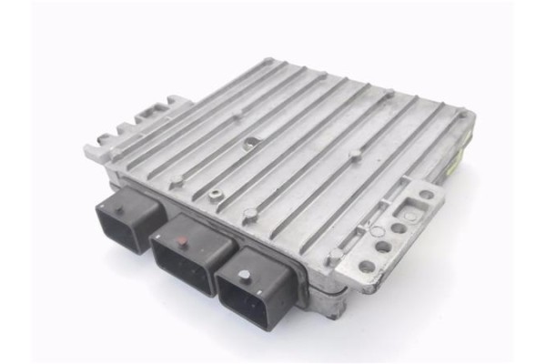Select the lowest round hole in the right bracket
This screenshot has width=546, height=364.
[x=366, y=268]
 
